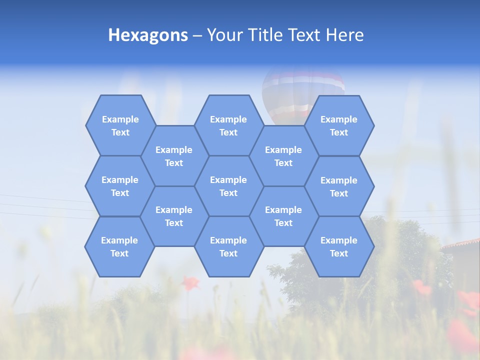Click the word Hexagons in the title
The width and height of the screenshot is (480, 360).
pyautogui.click(x=148, y=35)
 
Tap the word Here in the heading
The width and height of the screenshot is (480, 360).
pyautogui.click(x=344, y=35)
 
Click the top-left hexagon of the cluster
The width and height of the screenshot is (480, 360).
pyautogui.click(x=120, y=125)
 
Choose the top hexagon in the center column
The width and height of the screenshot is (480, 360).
pyautogui.click(x=228, y=125)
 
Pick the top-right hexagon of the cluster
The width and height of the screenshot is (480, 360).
pyautogui.click(x=339, y=125)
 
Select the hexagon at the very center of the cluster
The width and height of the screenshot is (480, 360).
pyautogui.click(x=228, y=186)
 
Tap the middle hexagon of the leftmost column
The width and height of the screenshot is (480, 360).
pyautogui.click(x=120, y=186)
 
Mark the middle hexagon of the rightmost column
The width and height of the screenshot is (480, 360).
pyautogui.click(x=339, y=186)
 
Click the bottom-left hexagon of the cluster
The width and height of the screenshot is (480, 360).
pyautogui.click(x=119, y=246)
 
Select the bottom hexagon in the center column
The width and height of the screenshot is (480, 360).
pyautogui.click(x=228, y=246)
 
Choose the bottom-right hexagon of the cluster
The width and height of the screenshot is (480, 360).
pyautogui.click(x=339, y=246)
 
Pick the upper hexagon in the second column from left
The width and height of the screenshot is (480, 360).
pyautogui.click(x=174, y=156)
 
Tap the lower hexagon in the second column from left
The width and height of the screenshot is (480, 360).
pyautogui.click(x=174, y=216)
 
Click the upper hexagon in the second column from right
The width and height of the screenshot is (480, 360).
pyautogui.click(x=283, y=156)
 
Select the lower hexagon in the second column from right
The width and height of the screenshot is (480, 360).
pyautogui.click(x=283, y=216)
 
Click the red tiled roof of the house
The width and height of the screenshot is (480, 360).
pyautogui.click(x=462, y=244)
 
